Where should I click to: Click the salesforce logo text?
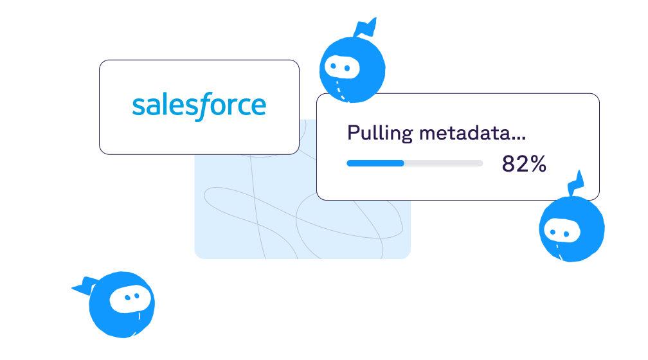199,106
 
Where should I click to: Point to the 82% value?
524,164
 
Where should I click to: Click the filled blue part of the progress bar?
375,163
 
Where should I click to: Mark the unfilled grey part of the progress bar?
444,163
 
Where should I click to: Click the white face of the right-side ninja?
559,229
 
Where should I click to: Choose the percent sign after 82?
538,164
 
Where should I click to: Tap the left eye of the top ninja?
334,65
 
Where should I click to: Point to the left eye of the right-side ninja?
552,228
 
